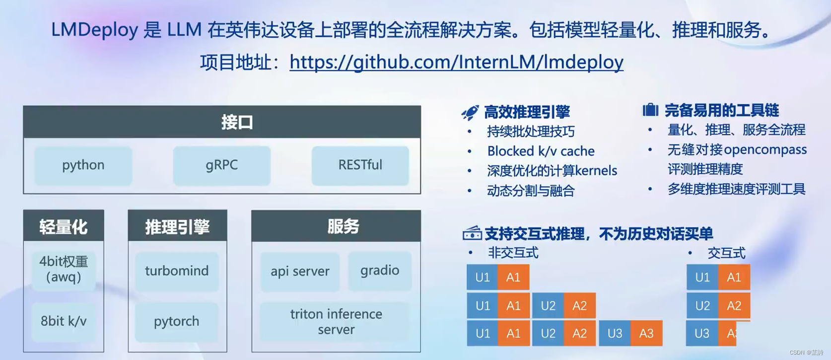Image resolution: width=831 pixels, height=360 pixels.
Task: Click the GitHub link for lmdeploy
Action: [456, 62]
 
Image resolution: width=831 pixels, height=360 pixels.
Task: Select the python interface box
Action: [83, 165]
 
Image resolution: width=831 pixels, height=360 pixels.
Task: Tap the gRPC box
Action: [221, 165]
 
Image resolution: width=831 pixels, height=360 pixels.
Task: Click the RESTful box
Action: [360, 165]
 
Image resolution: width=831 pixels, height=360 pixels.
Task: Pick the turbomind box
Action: [177, 271]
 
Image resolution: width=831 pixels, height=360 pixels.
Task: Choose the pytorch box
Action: [176, 322]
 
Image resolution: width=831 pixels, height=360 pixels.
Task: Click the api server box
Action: [300, 271]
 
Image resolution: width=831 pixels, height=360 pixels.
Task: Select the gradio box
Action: [380, 271]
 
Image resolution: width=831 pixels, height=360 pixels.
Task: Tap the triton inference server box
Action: [336, 322]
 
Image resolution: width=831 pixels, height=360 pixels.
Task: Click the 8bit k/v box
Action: [64, 322]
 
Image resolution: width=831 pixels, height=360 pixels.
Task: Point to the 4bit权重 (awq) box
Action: [64, 269]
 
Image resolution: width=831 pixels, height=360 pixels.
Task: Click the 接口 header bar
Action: [222, 122]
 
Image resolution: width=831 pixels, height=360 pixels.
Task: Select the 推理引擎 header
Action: [177, 226]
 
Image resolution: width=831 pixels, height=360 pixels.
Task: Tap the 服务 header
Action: [336, 226]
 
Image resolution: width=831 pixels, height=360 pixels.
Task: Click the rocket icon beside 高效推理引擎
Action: [470, 113]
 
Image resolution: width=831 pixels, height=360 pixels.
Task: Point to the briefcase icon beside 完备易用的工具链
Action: [650, 110]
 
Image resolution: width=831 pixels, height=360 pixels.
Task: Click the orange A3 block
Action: [646, 334]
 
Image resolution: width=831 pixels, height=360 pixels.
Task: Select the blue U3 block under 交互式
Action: [701, 334]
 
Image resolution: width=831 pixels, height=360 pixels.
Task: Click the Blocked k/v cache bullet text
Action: [541, 151]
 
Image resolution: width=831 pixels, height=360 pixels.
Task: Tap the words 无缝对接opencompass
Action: [737, 150]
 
